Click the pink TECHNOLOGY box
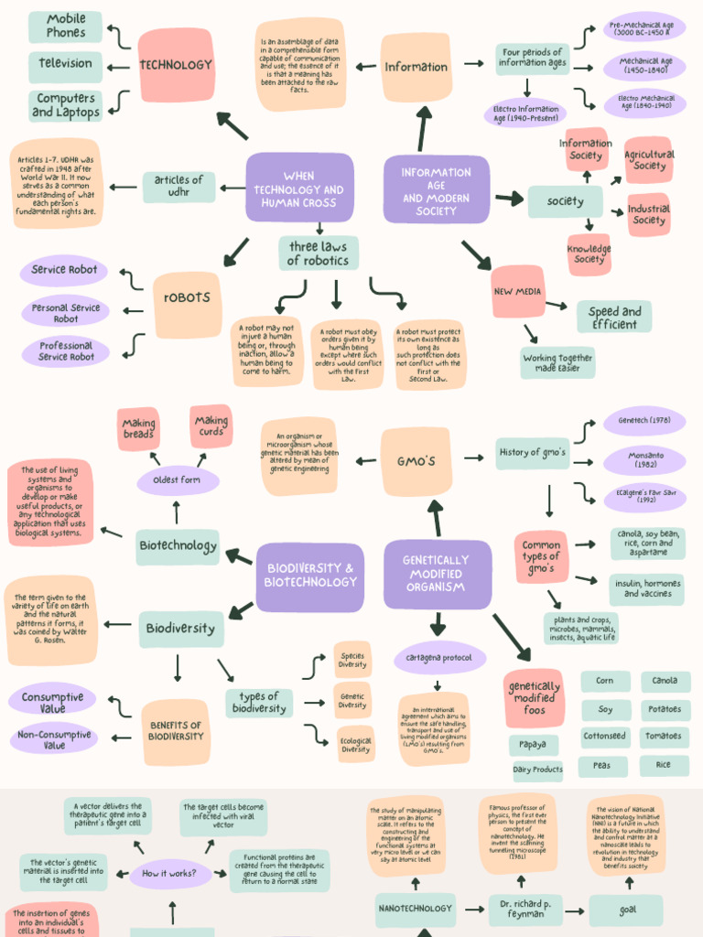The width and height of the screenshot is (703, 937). click(176, 65)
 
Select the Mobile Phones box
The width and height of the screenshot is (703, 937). click(65, 27)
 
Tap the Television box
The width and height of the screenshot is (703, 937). click(65, 64)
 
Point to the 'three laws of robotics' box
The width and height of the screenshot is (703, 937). click(319, 253)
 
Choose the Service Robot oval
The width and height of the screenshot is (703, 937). click(64, 270)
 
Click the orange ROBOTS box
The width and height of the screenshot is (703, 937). click(187, 298)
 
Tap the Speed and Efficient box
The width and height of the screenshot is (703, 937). click(614, 317)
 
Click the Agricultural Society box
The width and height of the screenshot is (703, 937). click(649, 161)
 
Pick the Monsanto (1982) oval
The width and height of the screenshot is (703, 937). click(645, 460)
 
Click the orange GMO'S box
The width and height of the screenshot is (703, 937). click(416, 461)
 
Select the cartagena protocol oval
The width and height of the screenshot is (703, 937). click(439, 657)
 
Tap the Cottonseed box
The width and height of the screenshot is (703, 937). click(604, 736)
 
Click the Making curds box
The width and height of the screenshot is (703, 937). click(211, 426)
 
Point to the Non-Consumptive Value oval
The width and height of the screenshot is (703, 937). click(54, 739)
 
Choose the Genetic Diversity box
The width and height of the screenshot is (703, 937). click(352, 700)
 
